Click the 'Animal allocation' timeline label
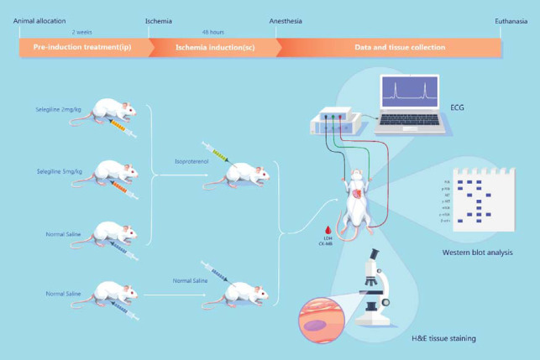pyautogui.click(x=39, y=21)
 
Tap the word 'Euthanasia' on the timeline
pyautogui.click(x=509, y=21)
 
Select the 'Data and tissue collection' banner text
pyautogui.click(x=387, y=48)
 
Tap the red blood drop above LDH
pyautogui.click(x=328, y=229)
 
